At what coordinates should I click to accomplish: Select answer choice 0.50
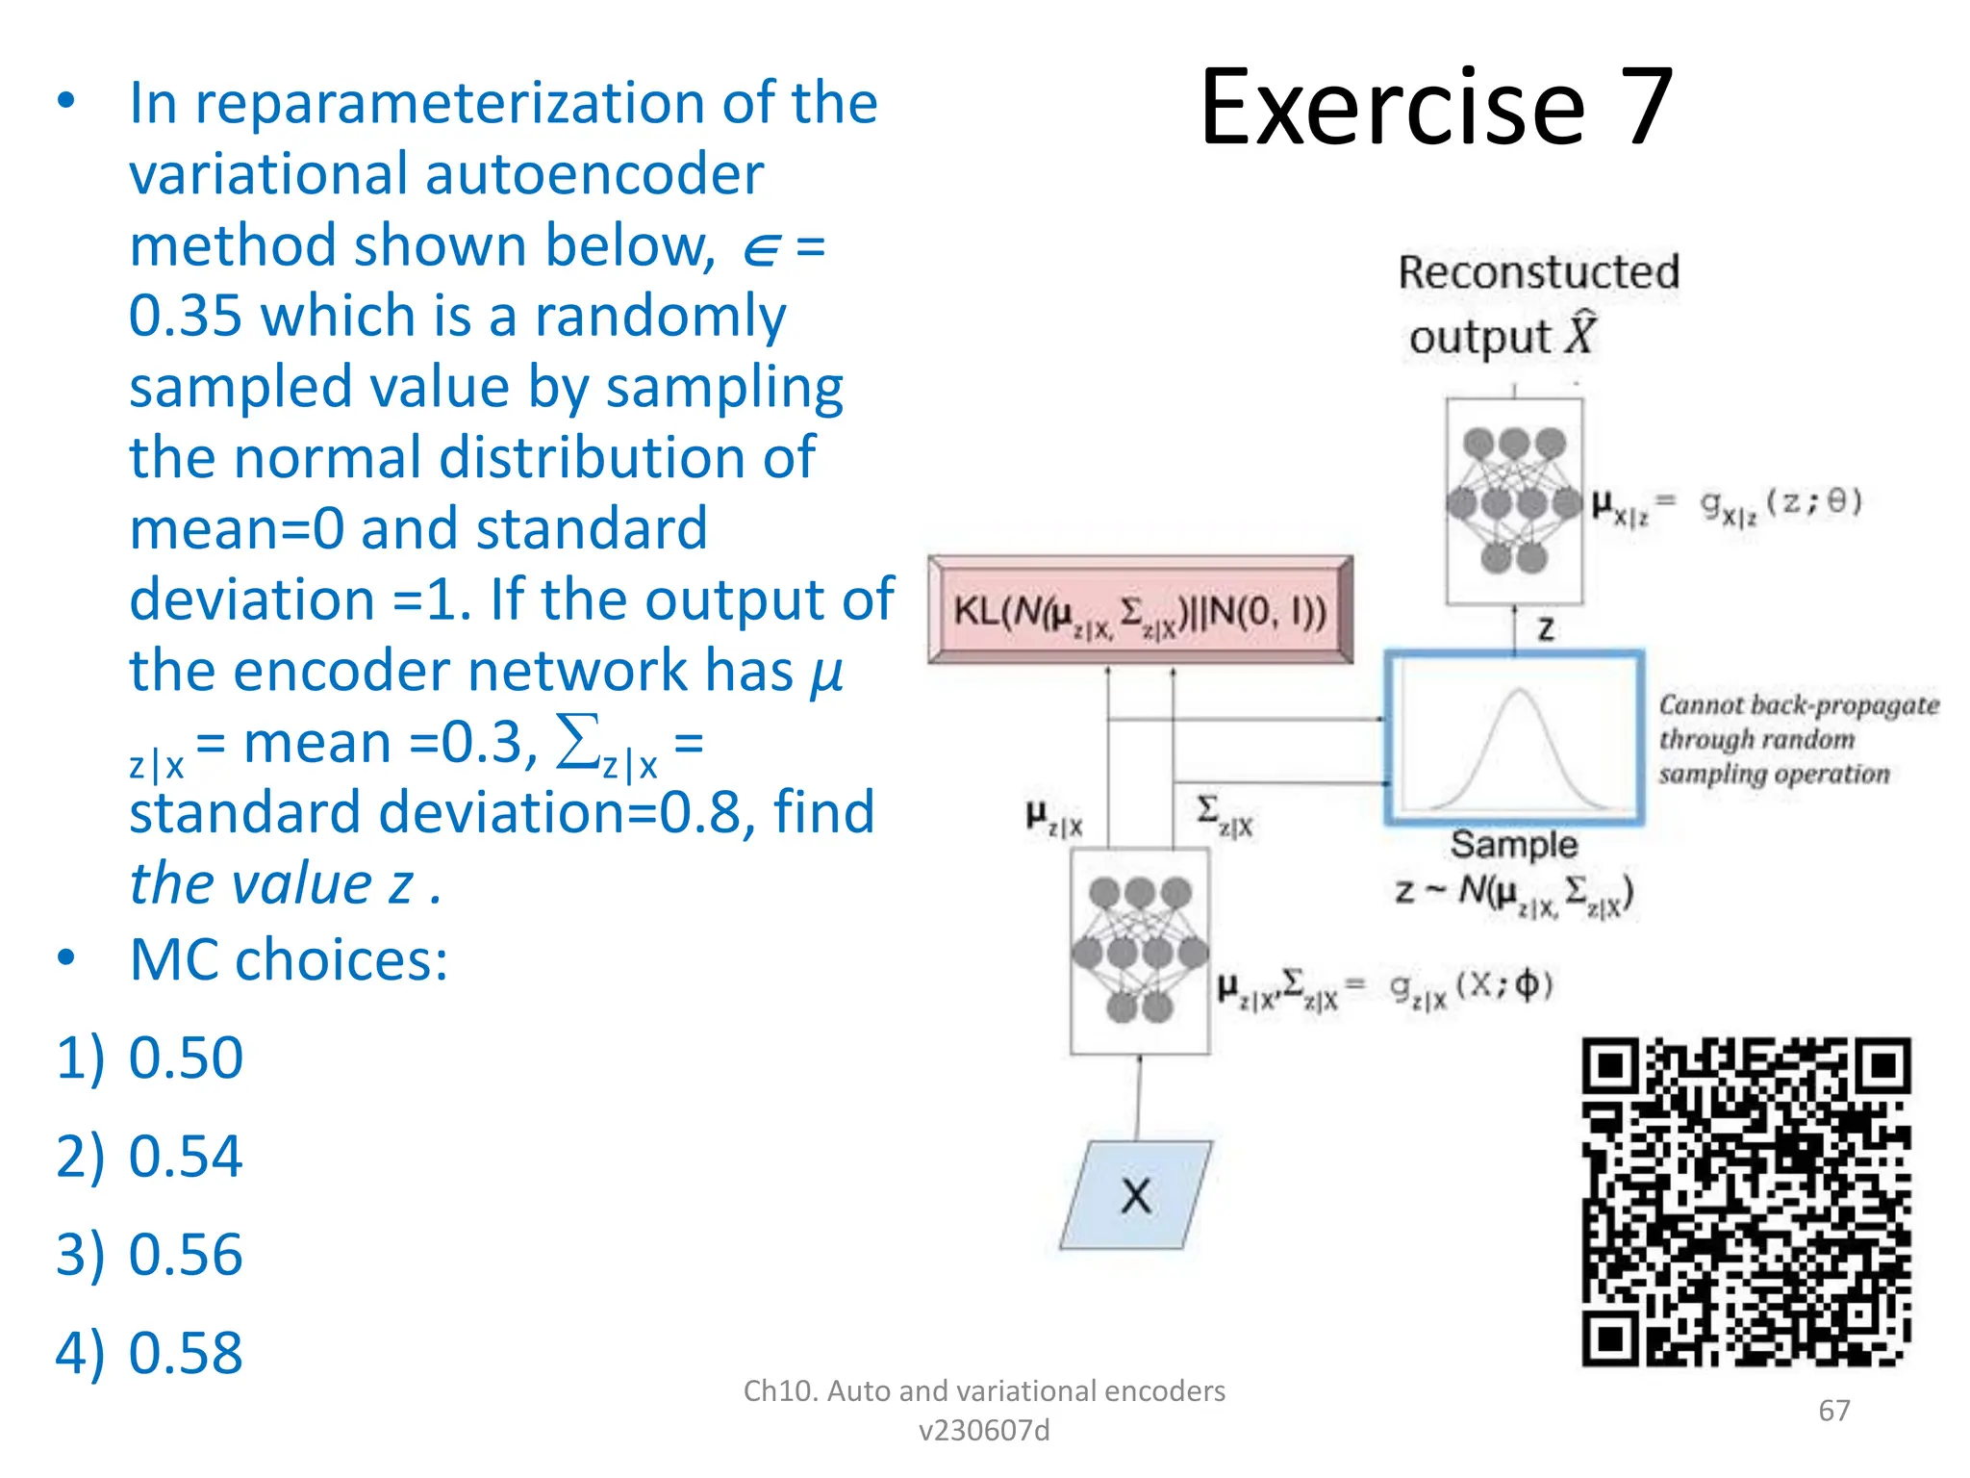pyautogui.click(x=185, y=1058)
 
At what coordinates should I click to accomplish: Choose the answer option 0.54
pyautogui.click(x=185, y=1156)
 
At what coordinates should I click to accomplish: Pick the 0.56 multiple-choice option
pyautogui.click(x=185, y=1254)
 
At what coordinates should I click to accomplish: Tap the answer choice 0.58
pyautogui.click(x=185, y=1352)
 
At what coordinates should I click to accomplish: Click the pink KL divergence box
pyautogui.click(x=1140, y=610)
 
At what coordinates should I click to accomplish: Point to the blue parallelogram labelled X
pyautogui.click(x=1136, y=1195)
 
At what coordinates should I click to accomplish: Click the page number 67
pyautogui.click(x=1833, y=1410)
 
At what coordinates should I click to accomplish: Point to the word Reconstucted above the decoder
pyautogui.click(x=1538, y=272)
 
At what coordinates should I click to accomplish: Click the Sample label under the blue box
pyautogui.click(x=1514, y=844)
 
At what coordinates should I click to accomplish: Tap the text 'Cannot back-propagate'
pyautogui.click(x=1798, y=704)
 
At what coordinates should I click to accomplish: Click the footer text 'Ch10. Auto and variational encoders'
pyautogui.click(x=984, y=1390)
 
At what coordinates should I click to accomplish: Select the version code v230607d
pyautogui.click(x=984, y=1431)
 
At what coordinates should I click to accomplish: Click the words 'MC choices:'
pyautogui.click(x=289, y=959)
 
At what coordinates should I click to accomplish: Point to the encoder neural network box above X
pyautogui.click(x=1140, y=951)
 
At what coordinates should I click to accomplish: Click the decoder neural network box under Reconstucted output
pyautogui.click(x=1514, y=501)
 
